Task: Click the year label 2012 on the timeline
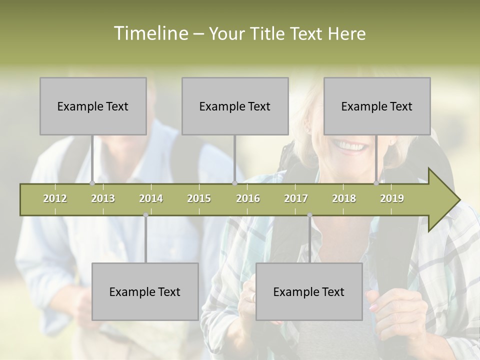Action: pos(55,198)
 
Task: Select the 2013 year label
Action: pos(103,198)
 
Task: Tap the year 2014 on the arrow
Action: pos(151,198)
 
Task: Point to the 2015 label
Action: pos(199,198)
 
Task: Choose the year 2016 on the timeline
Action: pos(248,198)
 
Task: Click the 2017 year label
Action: pos(296,198)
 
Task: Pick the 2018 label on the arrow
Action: pos(344,198)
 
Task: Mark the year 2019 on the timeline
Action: pos(392,198)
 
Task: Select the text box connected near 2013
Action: pos(93,106)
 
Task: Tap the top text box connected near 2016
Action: pos(235,106)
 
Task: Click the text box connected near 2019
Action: pos(377,106)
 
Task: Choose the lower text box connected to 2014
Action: pos(145,291)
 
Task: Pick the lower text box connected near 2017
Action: pos(309,291)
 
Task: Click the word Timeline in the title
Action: pos(150,33)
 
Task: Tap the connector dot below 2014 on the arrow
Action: pos(145,215)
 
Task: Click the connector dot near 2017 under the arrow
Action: pos(309,215)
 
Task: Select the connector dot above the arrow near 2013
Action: pos(92,183)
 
